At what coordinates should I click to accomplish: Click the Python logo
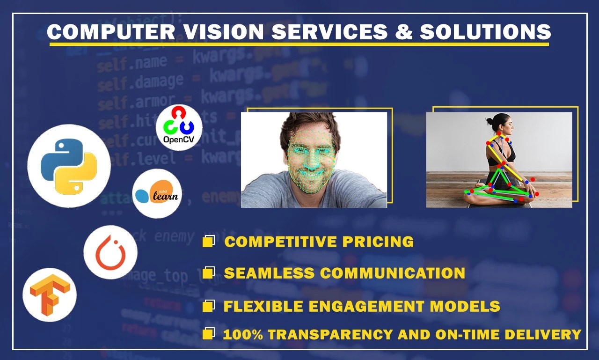69,166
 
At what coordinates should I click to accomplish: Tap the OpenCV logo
179,127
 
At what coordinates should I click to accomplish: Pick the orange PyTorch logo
110,252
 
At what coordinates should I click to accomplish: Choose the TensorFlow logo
49,294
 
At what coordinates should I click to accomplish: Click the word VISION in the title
222,32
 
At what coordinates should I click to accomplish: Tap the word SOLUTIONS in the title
485,32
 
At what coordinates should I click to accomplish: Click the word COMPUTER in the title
110,32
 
